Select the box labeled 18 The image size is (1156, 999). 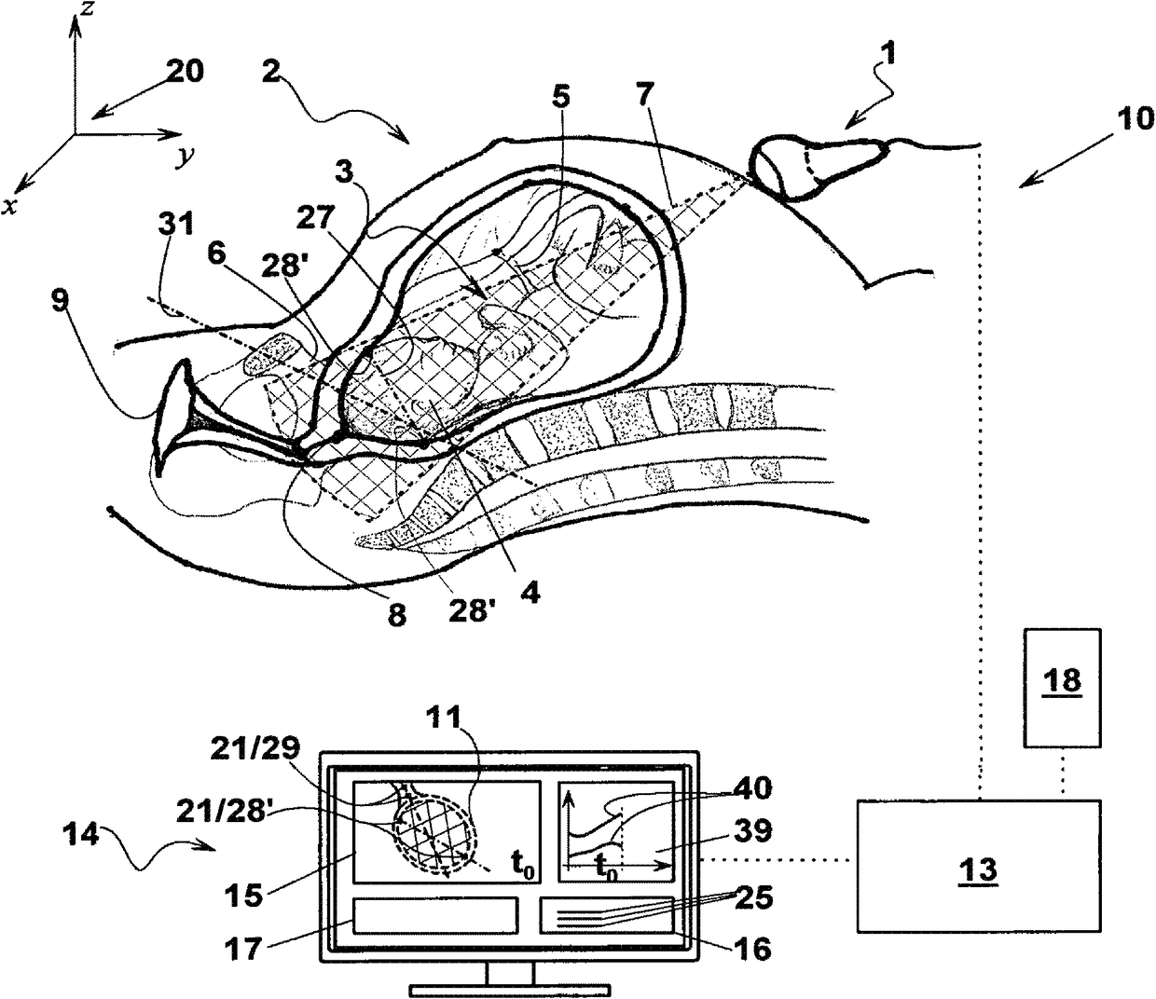click(x=1063, y=687)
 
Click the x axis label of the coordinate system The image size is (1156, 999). click(x=10, y=206)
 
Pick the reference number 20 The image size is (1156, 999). click(x=184, y=72)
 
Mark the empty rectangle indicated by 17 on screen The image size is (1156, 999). click(x=434, y=914)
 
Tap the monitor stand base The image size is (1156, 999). click(x=508, y=987)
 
